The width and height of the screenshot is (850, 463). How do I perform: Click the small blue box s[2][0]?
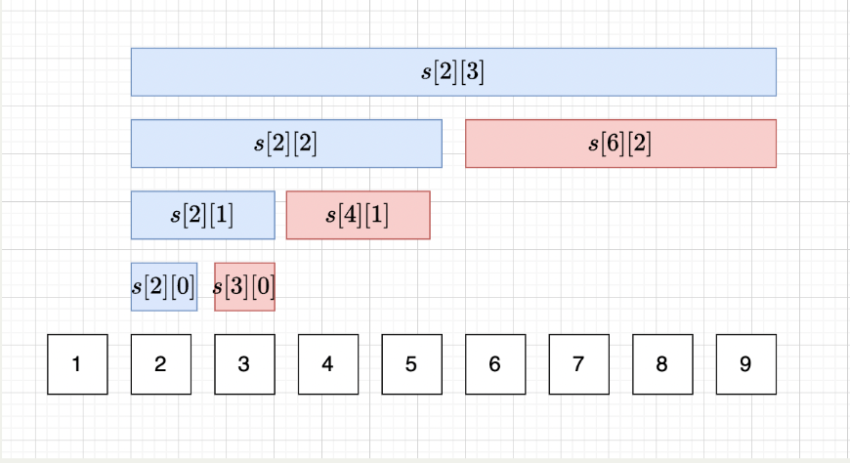[164, 286]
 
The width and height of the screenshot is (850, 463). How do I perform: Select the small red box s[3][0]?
[244, 286]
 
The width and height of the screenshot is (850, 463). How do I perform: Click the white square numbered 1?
[77, 364]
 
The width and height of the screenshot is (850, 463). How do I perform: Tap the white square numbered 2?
[160, 364]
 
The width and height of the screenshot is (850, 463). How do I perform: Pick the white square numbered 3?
[244, 364]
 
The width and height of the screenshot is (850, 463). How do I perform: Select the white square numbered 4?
[327, 364]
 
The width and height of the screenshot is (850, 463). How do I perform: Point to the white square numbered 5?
[411, 364]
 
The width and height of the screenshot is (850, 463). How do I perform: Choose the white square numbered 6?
[494, 364]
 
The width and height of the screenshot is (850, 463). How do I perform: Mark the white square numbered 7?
[578, 364]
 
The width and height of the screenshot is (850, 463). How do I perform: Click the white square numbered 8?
[661, 364]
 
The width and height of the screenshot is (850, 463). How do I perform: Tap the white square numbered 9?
[745, 364]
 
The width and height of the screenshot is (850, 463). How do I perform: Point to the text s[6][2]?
[620, 144]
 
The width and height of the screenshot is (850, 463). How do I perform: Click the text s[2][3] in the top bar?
[453, 72]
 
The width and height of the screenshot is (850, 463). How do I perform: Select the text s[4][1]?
[358, 215]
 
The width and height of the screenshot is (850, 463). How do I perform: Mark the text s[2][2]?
[286, 144]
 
